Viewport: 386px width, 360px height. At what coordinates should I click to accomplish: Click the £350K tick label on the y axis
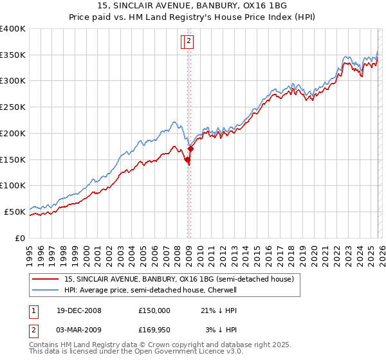(x=13, y=55)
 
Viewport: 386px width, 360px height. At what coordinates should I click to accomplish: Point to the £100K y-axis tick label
(x=13, y=186)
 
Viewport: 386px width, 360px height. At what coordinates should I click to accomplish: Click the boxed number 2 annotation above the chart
(x=188, y=42)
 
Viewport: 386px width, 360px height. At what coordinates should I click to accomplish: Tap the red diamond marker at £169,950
(x=190, y=149)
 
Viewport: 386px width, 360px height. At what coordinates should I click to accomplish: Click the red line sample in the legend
(x=46, y=280)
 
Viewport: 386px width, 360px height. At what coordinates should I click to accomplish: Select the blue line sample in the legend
(x=46, y=290)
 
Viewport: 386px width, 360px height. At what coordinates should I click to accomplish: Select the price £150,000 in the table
(x=154, y=310)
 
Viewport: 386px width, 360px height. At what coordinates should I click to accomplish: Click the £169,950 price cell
(x=154, y=330)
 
